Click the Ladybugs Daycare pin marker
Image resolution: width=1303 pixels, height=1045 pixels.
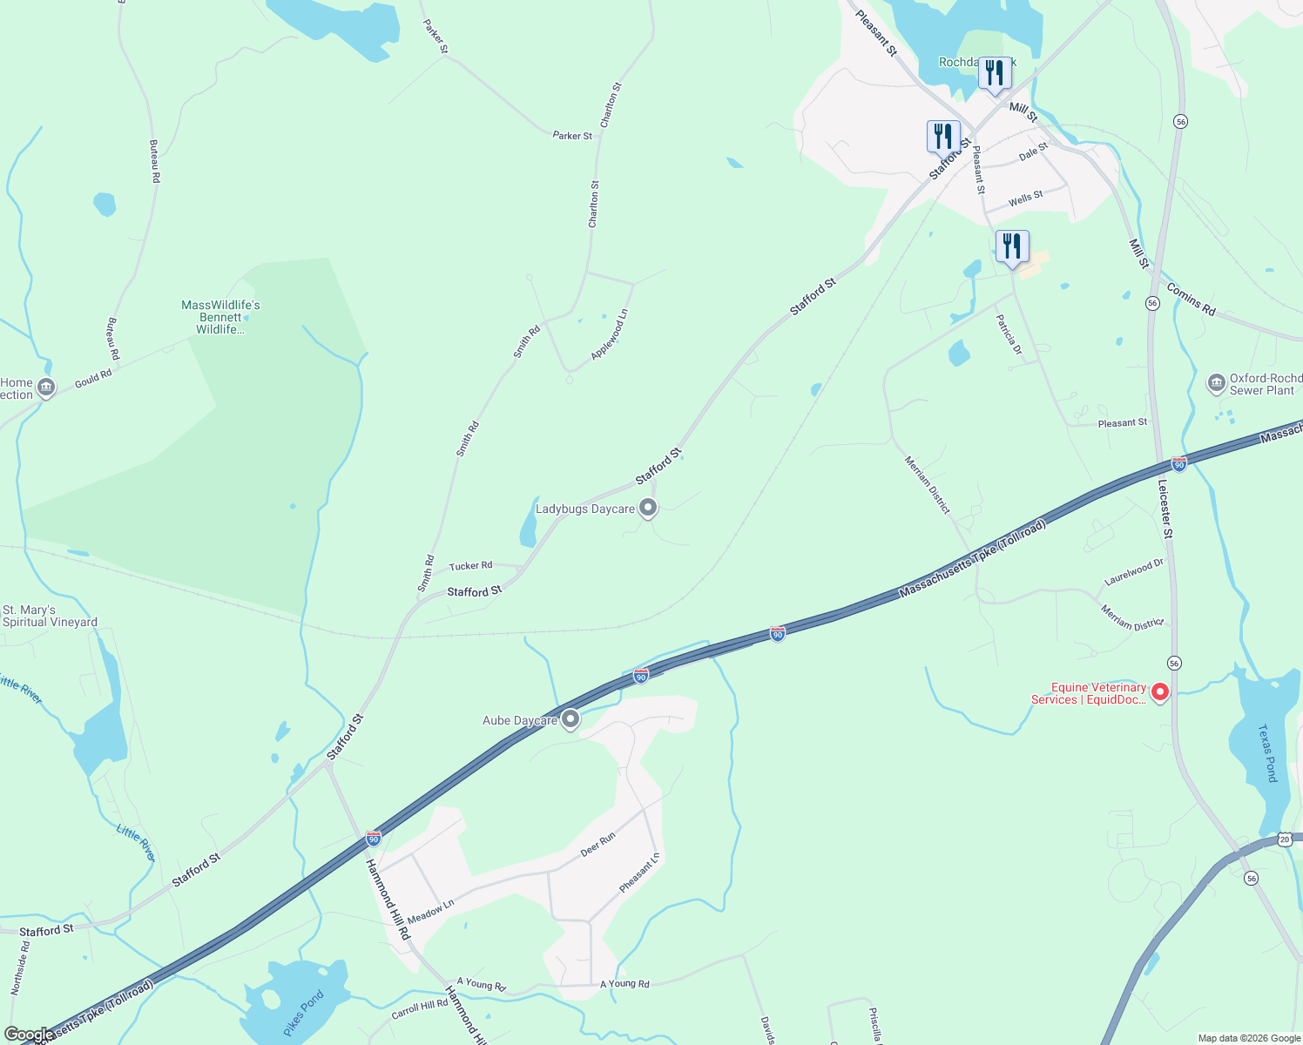point(647,508)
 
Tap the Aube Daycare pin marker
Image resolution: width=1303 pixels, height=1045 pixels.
point(570,719)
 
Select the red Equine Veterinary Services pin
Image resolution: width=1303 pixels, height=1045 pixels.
point(1159,692)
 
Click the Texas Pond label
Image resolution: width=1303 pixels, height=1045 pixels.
point(1267,752)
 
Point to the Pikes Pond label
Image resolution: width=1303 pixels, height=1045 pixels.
point(303,1013)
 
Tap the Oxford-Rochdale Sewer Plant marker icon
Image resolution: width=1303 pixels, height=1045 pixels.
point(1216,383)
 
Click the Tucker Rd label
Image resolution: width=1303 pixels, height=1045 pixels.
point(470,566)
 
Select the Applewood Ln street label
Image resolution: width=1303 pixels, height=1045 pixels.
point(610,334)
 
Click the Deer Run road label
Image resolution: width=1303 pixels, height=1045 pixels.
point(597,844)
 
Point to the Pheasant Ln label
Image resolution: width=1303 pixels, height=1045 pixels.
point(639,873)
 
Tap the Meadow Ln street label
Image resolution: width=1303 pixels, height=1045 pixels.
point(430,912)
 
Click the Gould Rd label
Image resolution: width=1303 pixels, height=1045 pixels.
point(93,378)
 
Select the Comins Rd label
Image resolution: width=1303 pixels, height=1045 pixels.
point(1191,299)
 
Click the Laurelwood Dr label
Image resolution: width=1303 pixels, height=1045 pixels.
point(1133,572)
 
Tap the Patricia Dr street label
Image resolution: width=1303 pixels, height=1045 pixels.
point(1009,334)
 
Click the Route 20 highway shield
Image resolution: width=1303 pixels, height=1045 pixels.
point(1285,839)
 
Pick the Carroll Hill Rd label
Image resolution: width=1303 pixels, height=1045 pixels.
point(419,1009)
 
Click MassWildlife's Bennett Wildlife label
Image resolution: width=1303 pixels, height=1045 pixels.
point(220,317)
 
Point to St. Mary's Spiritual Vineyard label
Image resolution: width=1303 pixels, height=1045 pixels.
point(50,616)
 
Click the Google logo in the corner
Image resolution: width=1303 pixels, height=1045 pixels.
point(28,1035)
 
